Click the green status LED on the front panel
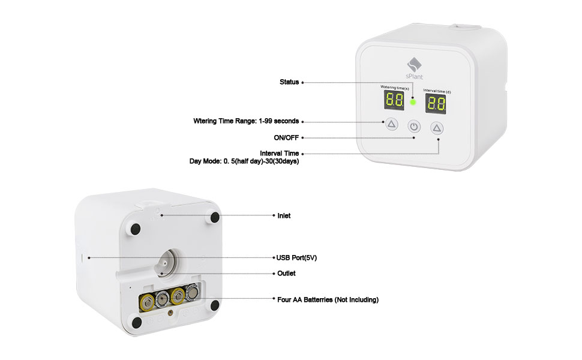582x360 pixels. (412, 102)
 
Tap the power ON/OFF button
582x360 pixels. (414, 127)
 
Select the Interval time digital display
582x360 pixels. (436, 104)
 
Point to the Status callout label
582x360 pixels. (289, 82)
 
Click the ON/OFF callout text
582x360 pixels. (286, 137)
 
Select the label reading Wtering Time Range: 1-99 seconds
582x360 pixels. (246, 121)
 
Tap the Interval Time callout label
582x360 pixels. (279, 154)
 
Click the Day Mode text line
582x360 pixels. (244, 161)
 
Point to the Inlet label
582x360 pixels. (284, 215)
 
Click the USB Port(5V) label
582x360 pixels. (296, 257)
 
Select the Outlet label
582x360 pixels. (286, 273)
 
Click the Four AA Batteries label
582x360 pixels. (328, 299)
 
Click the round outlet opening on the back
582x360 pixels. (164, 262)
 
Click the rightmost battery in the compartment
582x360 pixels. (192, 294)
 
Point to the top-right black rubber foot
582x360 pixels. (214, 217)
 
